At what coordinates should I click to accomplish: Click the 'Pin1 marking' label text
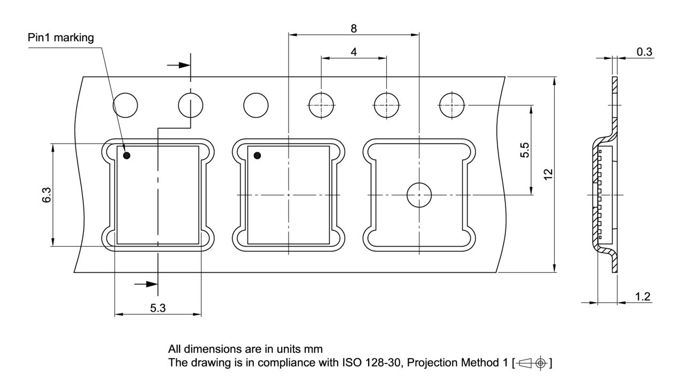(x=60, y=38)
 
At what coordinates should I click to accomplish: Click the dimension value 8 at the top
(x=354, y=29)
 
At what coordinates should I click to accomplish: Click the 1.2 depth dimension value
(x=643, y=297)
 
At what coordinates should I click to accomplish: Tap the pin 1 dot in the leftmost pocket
(x=127, y=155)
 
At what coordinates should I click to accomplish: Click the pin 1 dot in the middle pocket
(x=258, y=155)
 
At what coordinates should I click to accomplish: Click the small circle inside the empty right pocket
(x=419, y=195)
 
